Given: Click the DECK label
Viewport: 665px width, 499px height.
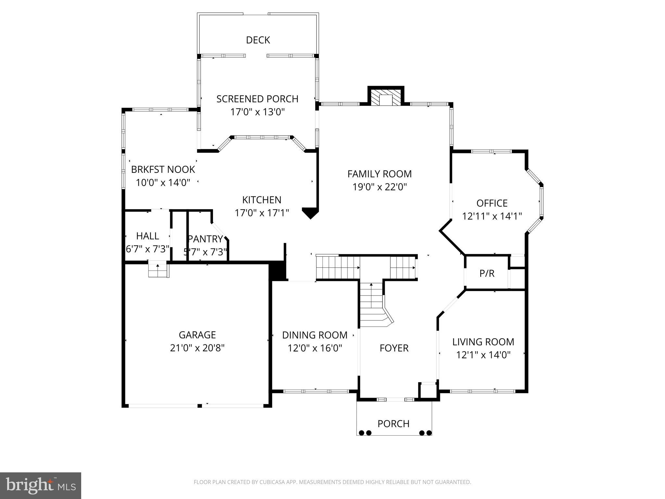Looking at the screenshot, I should click(x=258, y=40).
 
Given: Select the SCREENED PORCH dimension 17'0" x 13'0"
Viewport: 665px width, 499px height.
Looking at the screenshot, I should click(x=257, y=112).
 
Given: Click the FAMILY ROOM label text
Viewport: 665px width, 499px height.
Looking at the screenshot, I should click(x=379, y=174).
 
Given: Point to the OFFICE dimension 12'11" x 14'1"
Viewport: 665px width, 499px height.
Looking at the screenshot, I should click(x=492, y=216).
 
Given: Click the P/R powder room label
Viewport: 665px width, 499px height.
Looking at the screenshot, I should click(x=487, y=274).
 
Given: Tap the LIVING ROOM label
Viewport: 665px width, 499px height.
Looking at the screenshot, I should click(x=483, y=342).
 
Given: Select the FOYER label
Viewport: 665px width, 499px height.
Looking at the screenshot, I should click(x=394, y=348).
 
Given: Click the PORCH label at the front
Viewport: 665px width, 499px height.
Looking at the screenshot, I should click(x=393, y=424).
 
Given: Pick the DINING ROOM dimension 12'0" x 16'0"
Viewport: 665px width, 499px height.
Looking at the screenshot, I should click(x=315, y=348).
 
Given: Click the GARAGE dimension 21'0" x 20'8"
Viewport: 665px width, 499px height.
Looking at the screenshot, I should click(x=197, y=348).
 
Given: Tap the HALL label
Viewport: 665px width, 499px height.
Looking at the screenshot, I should click(x=147, y=236).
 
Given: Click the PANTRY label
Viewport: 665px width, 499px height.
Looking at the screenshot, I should click(x=205, y=239).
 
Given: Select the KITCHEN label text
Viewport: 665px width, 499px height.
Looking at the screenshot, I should click(x=262, y=199).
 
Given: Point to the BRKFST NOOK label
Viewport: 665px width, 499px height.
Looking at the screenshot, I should click(x=163, y=169).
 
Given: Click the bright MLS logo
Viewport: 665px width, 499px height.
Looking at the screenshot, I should click(x=40, y=486).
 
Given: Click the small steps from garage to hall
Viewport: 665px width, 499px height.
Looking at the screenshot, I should click(x=158, y=269).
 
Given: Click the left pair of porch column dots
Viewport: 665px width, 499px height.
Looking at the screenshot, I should click(x=365, y=433).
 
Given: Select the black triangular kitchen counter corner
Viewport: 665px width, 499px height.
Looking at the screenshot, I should click(x=310, y=212).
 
